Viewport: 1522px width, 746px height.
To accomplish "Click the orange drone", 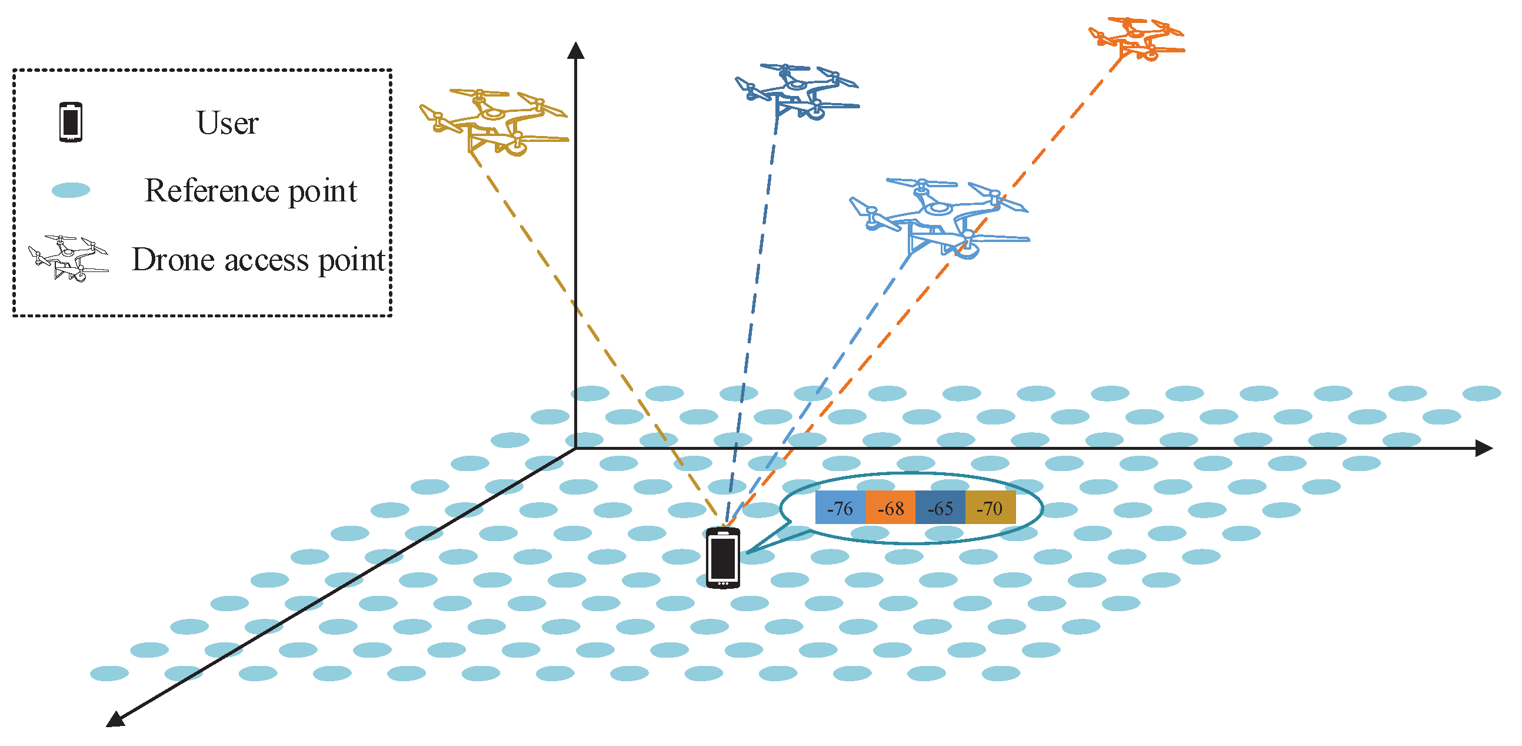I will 1135,38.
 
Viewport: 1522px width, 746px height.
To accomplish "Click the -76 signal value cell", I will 840,507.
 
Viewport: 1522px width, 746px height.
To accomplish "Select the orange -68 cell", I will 890,507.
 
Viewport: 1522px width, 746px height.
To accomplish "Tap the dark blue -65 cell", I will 940,507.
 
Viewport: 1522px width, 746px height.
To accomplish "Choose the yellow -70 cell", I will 990,507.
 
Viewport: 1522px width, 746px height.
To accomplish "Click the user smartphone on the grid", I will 722,558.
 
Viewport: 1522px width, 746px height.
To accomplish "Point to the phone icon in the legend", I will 71,122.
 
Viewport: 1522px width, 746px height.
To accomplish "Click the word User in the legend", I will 227,123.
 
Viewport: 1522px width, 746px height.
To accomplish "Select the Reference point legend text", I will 251,190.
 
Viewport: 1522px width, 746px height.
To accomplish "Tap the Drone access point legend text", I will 258,260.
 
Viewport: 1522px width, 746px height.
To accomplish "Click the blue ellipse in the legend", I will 71,190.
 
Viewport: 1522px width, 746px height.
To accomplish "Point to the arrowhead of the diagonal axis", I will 115,719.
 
